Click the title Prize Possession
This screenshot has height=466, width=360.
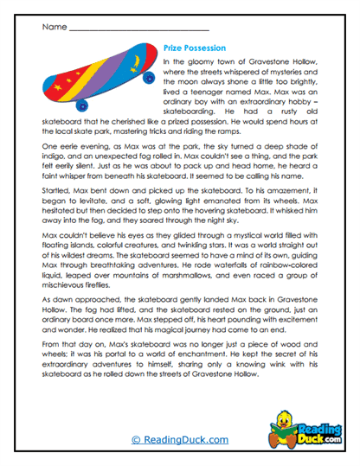(x=195, y=48)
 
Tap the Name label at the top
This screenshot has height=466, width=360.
(x=53, y=26)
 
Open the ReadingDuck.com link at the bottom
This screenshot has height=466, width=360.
(x=179, y=440)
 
